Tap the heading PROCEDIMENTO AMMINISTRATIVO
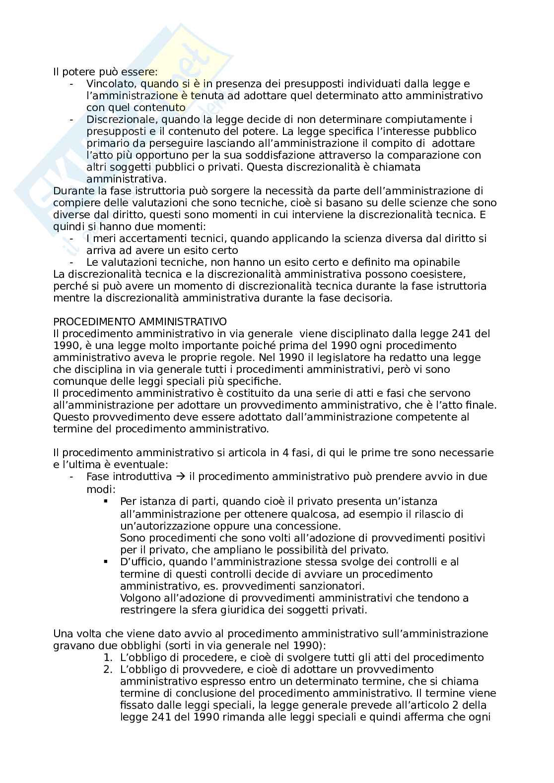(x=140, y=322)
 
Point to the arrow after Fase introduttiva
(x=180, y=477)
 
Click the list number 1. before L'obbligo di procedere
(x=108, y=658)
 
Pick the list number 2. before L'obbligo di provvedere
(x=108, y=669)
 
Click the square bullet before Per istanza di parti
(x=106, y=501)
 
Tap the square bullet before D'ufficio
(x=106, y=561)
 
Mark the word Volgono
(x=138, y=598)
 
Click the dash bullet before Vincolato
(x=72, y=84)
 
